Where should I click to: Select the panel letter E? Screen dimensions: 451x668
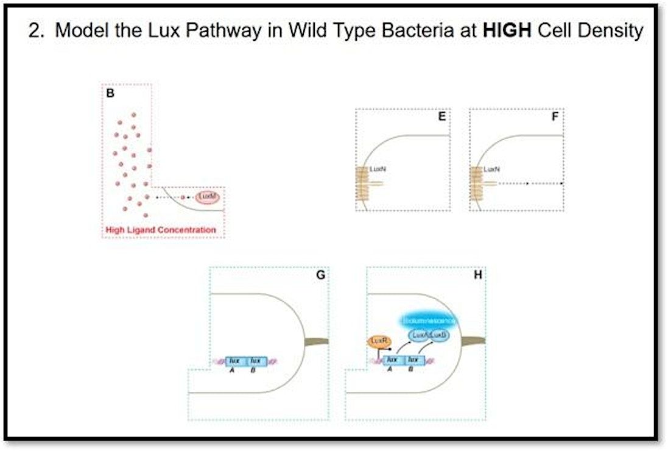(x=442, y=116)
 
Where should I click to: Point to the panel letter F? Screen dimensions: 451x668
(x=555, y=116)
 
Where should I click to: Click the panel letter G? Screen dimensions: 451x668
(x=320, y=275)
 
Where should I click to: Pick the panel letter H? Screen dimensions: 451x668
(x=477, y=275)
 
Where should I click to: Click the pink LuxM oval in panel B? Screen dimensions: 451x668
(x=206, y=197)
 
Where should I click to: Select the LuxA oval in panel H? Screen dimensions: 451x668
(x=418, y=335)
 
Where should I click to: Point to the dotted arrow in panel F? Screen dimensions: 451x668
(x=527, y=183)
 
